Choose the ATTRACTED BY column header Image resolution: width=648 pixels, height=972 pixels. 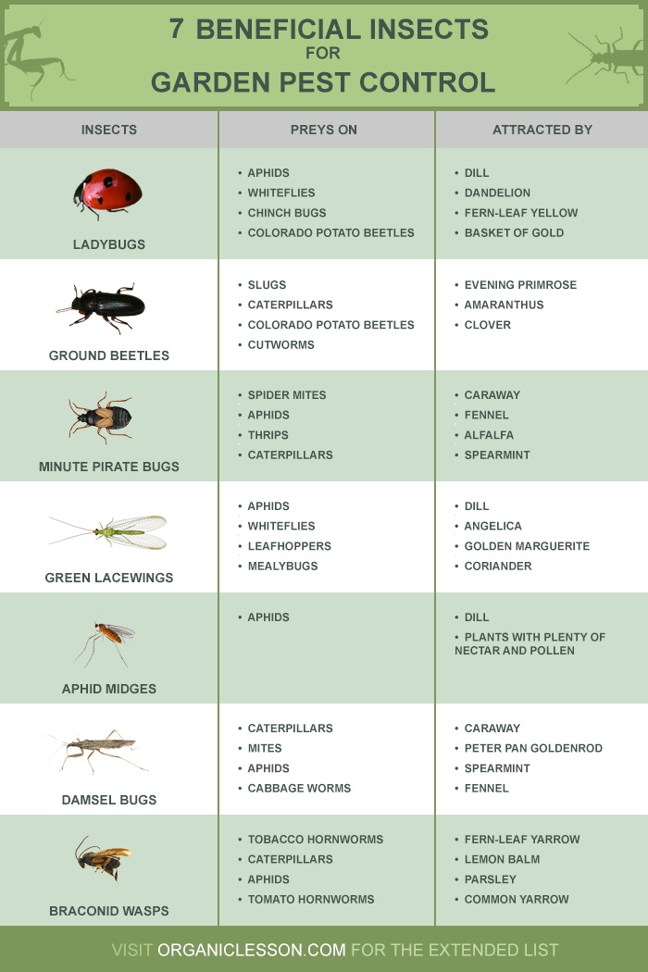point(542,130)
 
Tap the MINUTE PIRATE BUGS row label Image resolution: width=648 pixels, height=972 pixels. point(109,467)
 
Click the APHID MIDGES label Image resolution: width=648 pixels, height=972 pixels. point(109,689)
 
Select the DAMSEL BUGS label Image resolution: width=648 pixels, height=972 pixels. point(109,800)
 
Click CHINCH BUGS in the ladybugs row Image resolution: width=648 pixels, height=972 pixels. point(286,213)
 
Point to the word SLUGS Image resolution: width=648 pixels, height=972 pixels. point(267,285)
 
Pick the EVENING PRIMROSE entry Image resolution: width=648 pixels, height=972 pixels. point(520,285)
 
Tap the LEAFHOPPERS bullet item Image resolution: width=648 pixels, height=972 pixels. point(289,546)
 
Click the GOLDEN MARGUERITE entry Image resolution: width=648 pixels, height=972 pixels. point(527,546)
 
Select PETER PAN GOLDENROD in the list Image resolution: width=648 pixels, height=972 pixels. point(533,748)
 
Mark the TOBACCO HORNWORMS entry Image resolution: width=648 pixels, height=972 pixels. point(315,840)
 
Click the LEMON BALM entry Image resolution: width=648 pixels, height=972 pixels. point(502,859)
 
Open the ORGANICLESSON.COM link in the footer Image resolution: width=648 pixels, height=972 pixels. point(252,950)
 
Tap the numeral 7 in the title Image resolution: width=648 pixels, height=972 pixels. point(177,30)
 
